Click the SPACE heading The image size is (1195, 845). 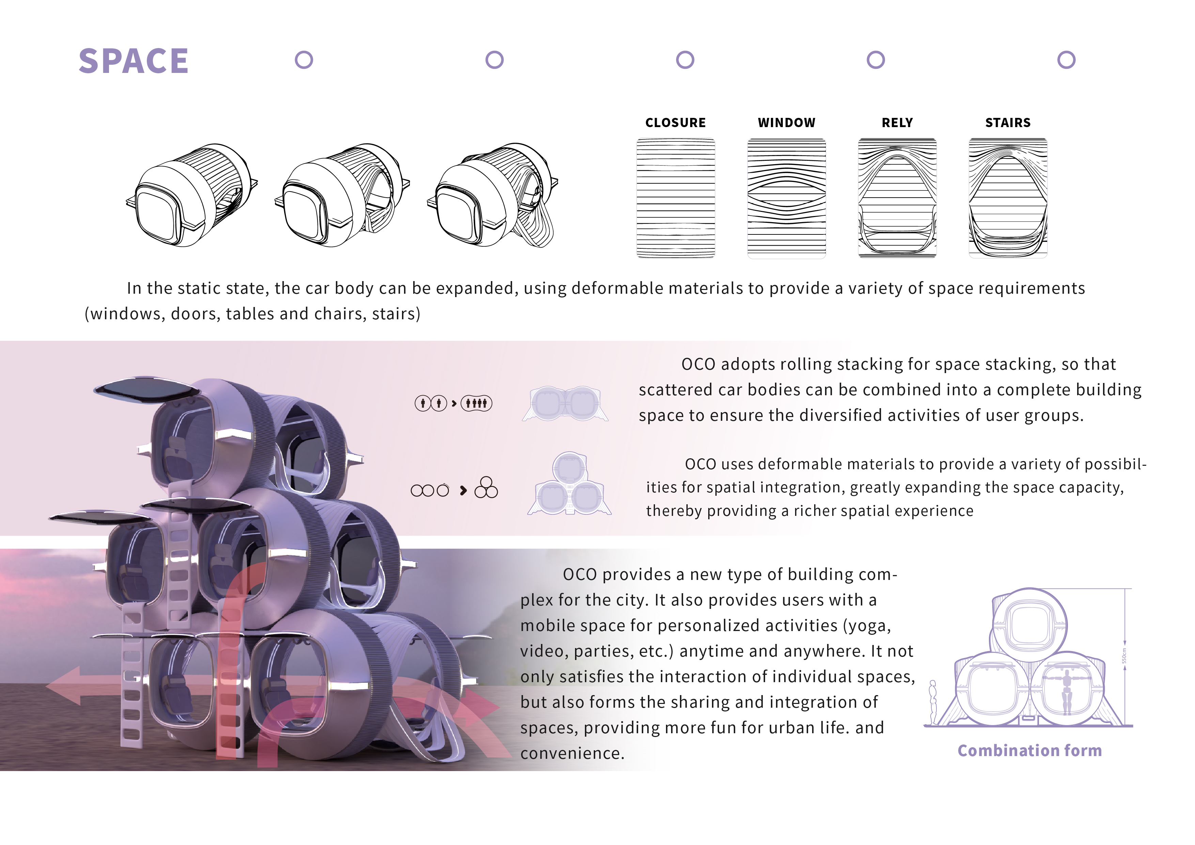coord(133,61)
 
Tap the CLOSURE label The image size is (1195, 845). coord(675,123)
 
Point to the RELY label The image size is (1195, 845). coord(897,123)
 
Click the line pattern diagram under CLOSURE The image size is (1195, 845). coord(675,198)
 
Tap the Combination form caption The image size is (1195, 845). coord(1029,750)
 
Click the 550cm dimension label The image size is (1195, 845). coord(1124,656)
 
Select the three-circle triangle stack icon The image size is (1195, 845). coord(486,488)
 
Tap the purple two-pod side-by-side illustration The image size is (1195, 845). coord(565,403)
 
